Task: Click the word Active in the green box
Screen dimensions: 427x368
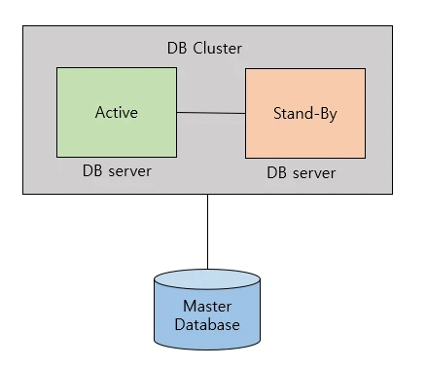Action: pos(117,112)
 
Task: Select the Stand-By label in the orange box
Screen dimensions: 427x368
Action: pos(305,114)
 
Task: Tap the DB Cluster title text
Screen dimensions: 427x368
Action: pos(204,49)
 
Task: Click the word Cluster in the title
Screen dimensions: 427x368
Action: pos(217,49)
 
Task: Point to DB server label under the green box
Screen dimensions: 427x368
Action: pos(117,171)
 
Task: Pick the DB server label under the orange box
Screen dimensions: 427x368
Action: pos(301,172)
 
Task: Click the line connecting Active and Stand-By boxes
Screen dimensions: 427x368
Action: pos(211,113)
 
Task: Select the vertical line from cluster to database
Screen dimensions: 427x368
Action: pos(207,232)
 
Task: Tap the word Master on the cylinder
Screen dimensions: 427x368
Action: pos(207,307)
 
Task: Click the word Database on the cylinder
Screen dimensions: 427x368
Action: pos(207,324)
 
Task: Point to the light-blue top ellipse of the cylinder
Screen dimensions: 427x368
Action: pos(207,279)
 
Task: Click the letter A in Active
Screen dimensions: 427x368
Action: pos(101,112)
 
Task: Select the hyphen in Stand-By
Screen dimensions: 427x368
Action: pos(309,115)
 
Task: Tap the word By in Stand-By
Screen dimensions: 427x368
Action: pos(326,115)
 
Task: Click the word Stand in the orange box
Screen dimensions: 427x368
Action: pos(289,113)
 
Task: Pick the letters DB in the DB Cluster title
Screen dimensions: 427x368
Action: pos(177,49)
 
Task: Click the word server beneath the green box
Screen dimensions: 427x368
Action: pos(129,172)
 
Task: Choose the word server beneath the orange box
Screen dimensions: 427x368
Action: pos(314,173)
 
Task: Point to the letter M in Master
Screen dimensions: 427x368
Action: pos(190,307)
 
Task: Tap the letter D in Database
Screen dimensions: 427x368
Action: pos(180,324)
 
